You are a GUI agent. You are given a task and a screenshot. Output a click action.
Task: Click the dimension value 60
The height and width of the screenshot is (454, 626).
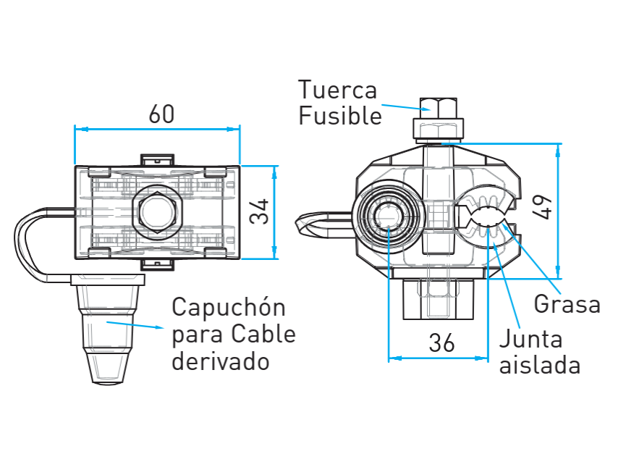coord(161,114)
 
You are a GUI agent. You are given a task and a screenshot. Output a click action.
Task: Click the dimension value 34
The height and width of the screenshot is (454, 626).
coord(259,211)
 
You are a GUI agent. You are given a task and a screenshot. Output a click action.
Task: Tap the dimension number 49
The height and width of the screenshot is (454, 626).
coord(543,207)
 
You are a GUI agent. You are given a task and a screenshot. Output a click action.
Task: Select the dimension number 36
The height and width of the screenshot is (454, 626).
coord(441,343)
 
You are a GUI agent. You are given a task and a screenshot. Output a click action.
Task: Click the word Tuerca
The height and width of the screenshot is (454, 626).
coord(337,90)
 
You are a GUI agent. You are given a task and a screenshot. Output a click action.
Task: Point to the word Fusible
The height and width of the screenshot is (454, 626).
coord(340,116)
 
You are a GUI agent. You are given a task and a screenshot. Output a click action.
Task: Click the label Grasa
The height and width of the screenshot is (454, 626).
coord(567,304)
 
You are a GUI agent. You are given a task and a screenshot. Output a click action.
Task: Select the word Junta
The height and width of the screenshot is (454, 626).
coord(531,339)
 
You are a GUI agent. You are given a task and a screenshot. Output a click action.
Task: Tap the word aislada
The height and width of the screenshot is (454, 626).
coord(540,364)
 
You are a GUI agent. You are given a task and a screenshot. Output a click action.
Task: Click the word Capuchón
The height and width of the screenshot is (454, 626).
coord(229,308)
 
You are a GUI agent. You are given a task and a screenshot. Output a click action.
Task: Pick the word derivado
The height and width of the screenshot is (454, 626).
coord(221,361)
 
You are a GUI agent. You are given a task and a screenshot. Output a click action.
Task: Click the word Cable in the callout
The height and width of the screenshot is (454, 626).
coord(263,334)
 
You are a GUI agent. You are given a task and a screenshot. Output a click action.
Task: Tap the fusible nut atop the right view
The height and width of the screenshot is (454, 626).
coord(439,119)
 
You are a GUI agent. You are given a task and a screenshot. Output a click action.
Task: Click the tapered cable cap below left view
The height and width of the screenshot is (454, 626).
coord(107,329)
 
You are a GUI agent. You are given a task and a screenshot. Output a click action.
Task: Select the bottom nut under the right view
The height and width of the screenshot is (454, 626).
coord(438,299)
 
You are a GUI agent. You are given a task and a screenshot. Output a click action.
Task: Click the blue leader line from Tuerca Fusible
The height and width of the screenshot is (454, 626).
coord(406,107)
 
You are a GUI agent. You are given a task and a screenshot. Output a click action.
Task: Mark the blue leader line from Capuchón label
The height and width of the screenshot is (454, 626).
coord(135,324)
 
